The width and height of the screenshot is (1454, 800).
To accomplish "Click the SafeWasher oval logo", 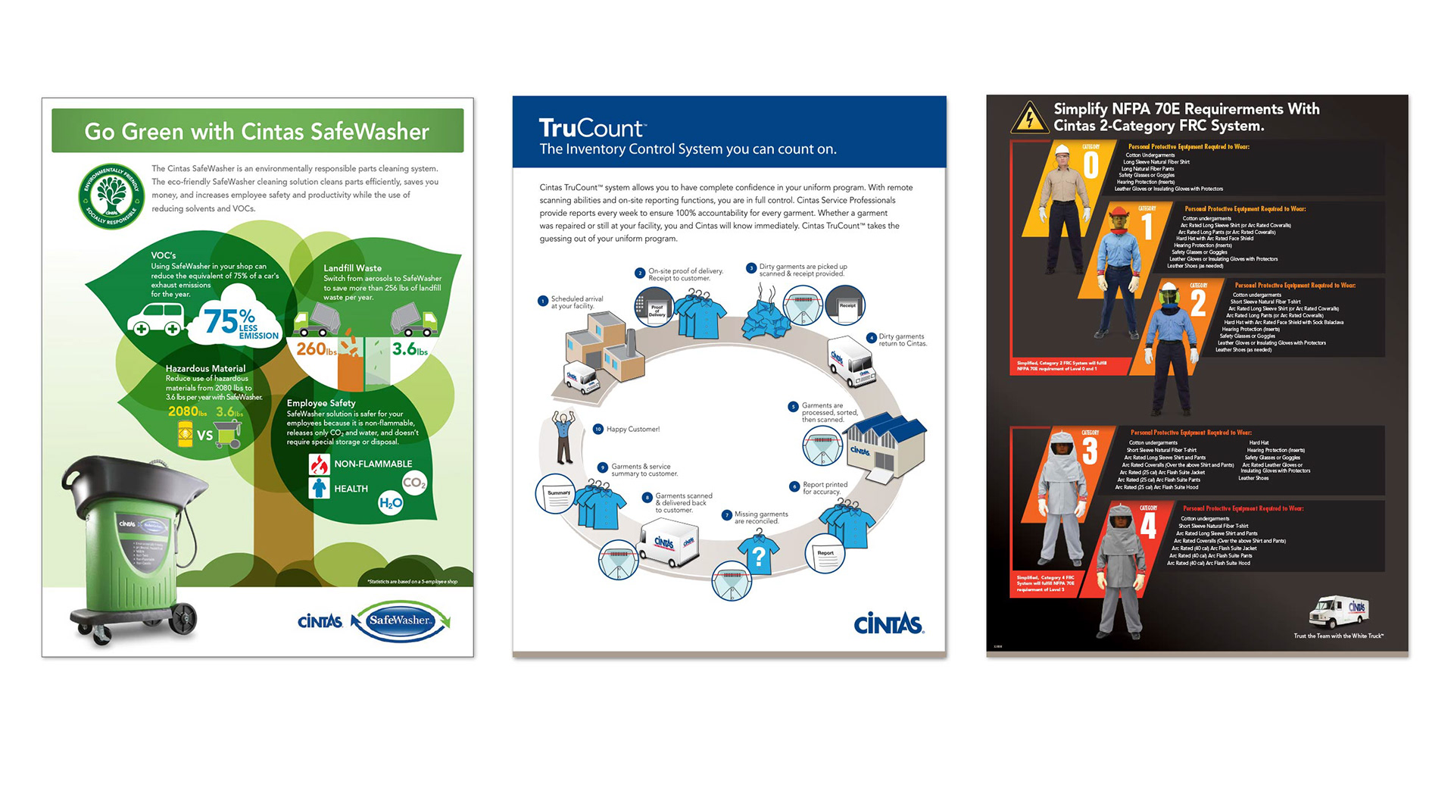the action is pos(401,620).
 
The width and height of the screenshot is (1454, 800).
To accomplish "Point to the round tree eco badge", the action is pos(111,195).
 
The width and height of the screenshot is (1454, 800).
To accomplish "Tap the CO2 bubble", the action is pos(414,483).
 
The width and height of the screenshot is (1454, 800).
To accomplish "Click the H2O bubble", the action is pos(391,502).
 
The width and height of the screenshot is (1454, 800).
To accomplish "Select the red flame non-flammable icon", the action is pos(319,464).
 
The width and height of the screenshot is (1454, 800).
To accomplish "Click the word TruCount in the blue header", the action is pos(591,128).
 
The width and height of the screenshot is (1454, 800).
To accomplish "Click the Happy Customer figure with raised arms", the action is pos(563,436).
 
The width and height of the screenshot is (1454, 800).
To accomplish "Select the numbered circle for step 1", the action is pos(543,302).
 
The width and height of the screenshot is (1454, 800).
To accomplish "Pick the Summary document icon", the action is pos(557,493).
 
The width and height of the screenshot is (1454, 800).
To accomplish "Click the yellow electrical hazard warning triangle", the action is pos(1029,118).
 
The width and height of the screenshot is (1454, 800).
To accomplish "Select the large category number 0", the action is pos(1090,165).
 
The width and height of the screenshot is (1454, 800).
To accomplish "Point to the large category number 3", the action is pos(1089,451).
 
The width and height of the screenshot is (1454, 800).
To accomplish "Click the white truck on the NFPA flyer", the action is pos(1338,611).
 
